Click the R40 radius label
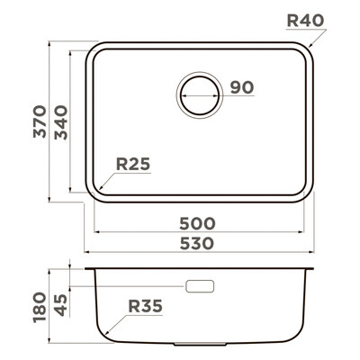[305, 21]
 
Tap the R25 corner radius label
[133, 164]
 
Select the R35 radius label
[145, 306]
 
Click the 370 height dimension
[40, 121]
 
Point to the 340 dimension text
[61, 122]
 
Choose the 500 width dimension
[197, 223]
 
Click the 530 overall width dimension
[197, 243]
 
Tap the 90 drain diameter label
[242, 87]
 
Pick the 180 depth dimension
[40, 307]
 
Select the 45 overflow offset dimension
[61, 305]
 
